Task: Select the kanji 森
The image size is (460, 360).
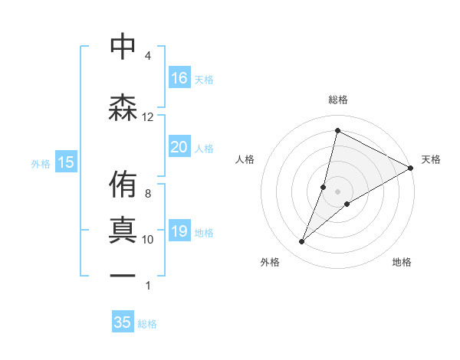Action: tap(123, 106)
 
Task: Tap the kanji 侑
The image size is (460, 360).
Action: tap(123, 185)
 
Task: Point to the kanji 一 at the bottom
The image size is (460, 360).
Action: tap(123, 275)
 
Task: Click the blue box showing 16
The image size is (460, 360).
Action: tap(179, 77)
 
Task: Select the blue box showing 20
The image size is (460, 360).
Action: tap(179, 147)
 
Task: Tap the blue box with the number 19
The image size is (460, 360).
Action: tap(179, 231)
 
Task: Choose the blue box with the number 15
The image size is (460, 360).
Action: tap(65, 162)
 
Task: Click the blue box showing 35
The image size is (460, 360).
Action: tap(123, 322)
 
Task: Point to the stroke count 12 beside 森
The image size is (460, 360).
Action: tap(148, 117)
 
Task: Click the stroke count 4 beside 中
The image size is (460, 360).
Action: tap(148, 56)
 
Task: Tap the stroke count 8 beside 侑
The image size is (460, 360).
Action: tap(148, 194)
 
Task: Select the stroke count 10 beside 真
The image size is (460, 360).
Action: tap(148, 240)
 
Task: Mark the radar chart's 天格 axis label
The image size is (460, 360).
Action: tap(431, 159)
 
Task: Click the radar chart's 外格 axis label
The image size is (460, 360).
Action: tap(270, 262)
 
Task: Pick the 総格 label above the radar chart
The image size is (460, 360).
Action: tap(338, 100)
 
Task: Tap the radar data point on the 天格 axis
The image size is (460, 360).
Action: tap(411, 168)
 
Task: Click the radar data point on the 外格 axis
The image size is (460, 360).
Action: tap(302, 242)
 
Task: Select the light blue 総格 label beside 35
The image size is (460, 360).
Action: tap(147, 324)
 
